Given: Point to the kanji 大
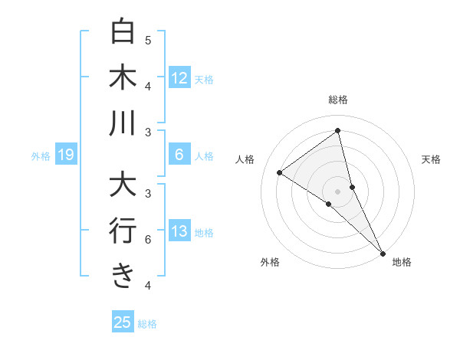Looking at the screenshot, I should (x=123, y=185).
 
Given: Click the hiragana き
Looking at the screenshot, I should (x=123, y=275).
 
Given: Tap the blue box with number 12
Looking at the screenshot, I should (x=179, y=77).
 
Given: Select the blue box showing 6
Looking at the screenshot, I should (x=179, y=155).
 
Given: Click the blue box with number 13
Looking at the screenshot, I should (x=179, y=231).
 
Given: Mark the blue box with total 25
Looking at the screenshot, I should (x=123, y=322).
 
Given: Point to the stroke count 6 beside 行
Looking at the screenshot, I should (x=148, y=240).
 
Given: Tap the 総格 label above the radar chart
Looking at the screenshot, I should (x=337, y=100).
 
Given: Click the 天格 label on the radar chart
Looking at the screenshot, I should (x=432, y=159).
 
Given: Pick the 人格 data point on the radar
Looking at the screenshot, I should (x=279, y=172).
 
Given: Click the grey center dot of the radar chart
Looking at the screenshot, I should (x=337, y=191).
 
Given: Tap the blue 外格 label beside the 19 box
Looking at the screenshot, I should (x=41, y=156).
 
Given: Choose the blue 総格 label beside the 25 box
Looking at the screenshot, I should (x=147, y=324).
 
